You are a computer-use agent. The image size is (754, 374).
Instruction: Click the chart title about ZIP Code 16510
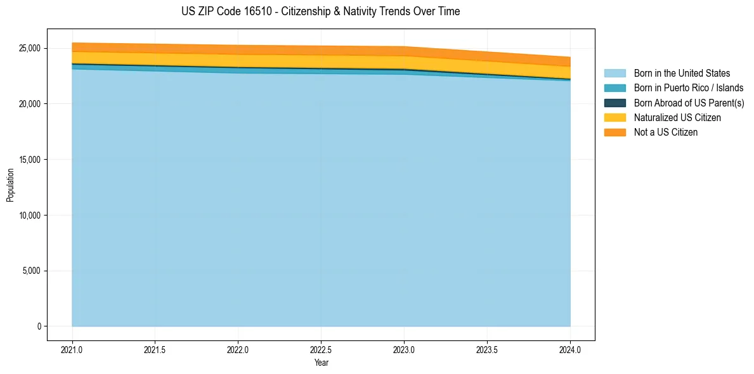click(x=320, y=11)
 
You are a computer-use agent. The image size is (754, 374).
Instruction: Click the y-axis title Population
click(x=10, y=185)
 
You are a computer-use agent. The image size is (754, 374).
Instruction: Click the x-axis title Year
click(x=321, y=363)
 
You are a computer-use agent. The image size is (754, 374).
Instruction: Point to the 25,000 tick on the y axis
click(x=29, y=48)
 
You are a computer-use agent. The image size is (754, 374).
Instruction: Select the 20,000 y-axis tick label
click(x=29, y=104)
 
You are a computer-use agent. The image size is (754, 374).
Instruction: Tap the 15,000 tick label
click(x=29, y=160)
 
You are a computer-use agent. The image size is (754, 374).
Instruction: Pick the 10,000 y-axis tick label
click(x=29, y=216)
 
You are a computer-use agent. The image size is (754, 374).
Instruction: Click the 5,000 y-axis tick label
click(x=30, y=271)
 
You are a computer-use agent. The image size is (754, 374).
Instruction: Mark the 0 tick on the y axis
click(x=39, y=326)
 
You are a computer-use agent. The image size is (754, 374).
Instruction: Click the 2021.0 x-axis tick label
click(x=72, y=349)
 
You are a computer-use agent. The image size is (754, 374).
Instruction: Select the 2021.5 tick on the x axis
click(x=155, y=349)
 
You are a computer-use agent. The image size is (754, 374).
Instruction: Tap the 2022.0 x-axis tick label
click(x=238, y=349)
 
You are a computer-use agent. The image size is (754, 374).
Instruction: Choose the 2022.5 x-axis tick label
click(x=322, y=349)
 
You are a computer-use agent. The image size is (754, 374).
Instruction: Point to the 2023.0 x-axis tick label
click(x=404, y=349)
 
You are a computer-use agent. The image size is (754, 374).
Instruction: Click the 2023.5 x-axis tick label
click(x=487, y=349)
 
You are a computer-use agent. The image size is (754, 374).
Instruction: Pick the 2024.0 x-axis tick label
click(x=570, y=349)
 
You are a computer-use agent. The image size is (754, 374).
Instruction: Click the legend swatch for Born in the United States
click(x=614, y=74)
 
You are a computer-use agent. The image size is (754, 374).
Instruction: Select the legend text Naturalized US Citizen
click(x=677, y=118)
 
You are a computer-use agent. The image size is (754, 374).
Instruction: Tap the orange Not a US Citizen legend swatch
click(x=614, y=132)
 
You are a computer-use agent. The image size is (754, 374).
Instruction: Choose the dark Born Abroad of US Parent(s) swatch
click(x=614, y=103)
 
